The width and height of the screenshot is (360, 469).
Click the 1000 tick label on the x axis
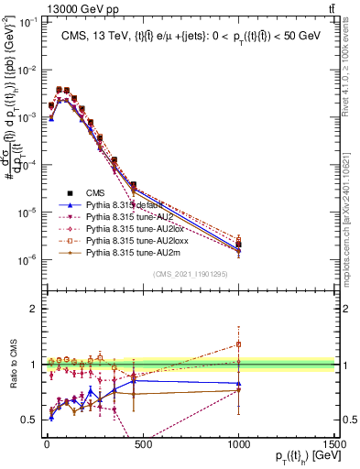tap(238, 446)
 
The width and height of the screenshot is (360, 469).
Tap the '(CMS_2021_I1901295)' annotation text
tap(190, 274)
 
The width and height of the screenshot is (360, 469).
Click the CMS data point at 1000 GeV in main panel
tap(238, 245)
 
